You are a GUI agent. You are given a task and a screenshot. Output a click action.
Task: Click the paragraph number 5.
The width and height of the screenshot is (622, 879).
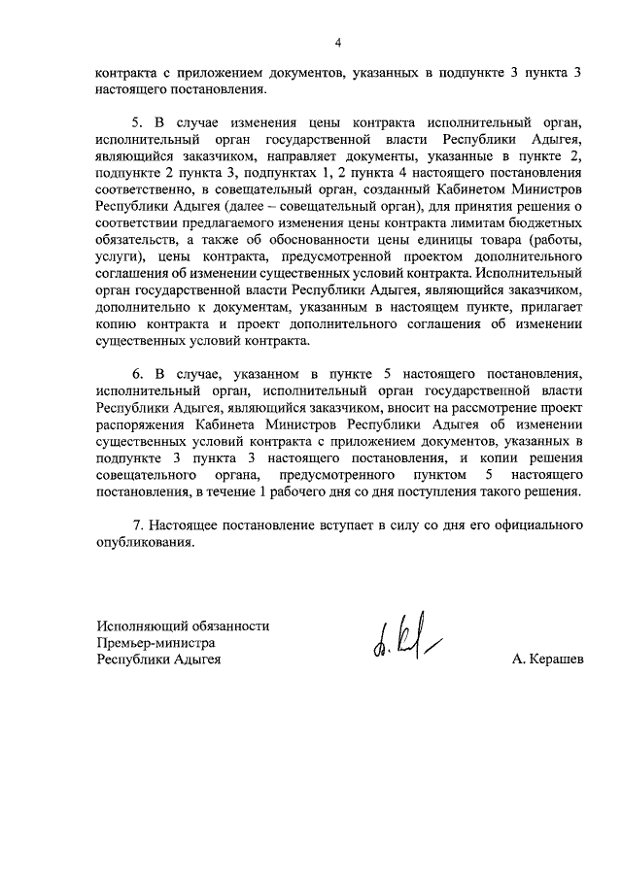[136, 123]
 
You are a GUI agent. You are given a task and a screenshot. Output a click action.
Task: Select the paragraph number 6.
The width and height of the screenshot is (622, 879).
[136, 374]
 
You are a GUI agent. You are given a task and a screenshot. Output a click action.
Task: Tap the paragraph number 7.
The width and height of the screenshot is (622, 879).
[136, 525]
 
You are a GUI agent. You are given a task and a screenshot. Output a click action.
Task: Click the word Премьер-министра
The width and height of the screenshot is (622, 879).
[155, 643]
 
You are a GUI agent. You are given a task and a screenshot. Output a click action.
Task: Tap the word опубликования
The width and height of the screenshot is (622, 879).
[145, 543]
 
